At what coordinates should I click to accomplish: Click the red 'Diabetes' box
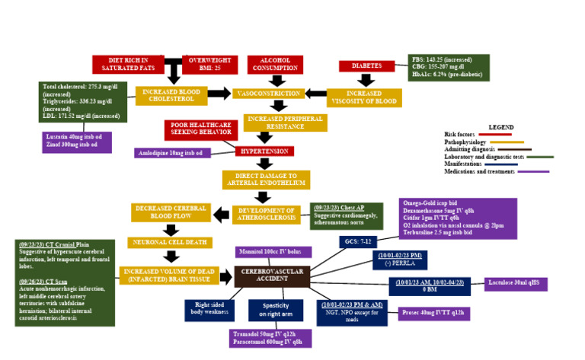click(366, 66)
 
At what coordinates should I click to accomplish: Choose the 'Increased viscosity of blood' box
click(364, 97)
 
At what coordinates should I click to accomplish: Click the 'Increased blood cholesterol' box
click(171, 95)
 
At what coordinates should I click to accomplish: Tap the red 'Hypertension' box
click(264, 151)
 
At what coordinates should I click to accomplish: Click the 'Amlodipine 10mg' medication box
click(172, 153)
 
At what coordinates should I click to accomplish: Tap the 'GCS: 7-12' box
click(357, 242)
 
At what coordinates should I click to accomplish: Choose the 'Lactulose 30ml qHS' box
click(516, 284)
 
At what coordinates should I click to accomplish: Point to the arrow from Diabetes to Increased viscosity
click(366, 79)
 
